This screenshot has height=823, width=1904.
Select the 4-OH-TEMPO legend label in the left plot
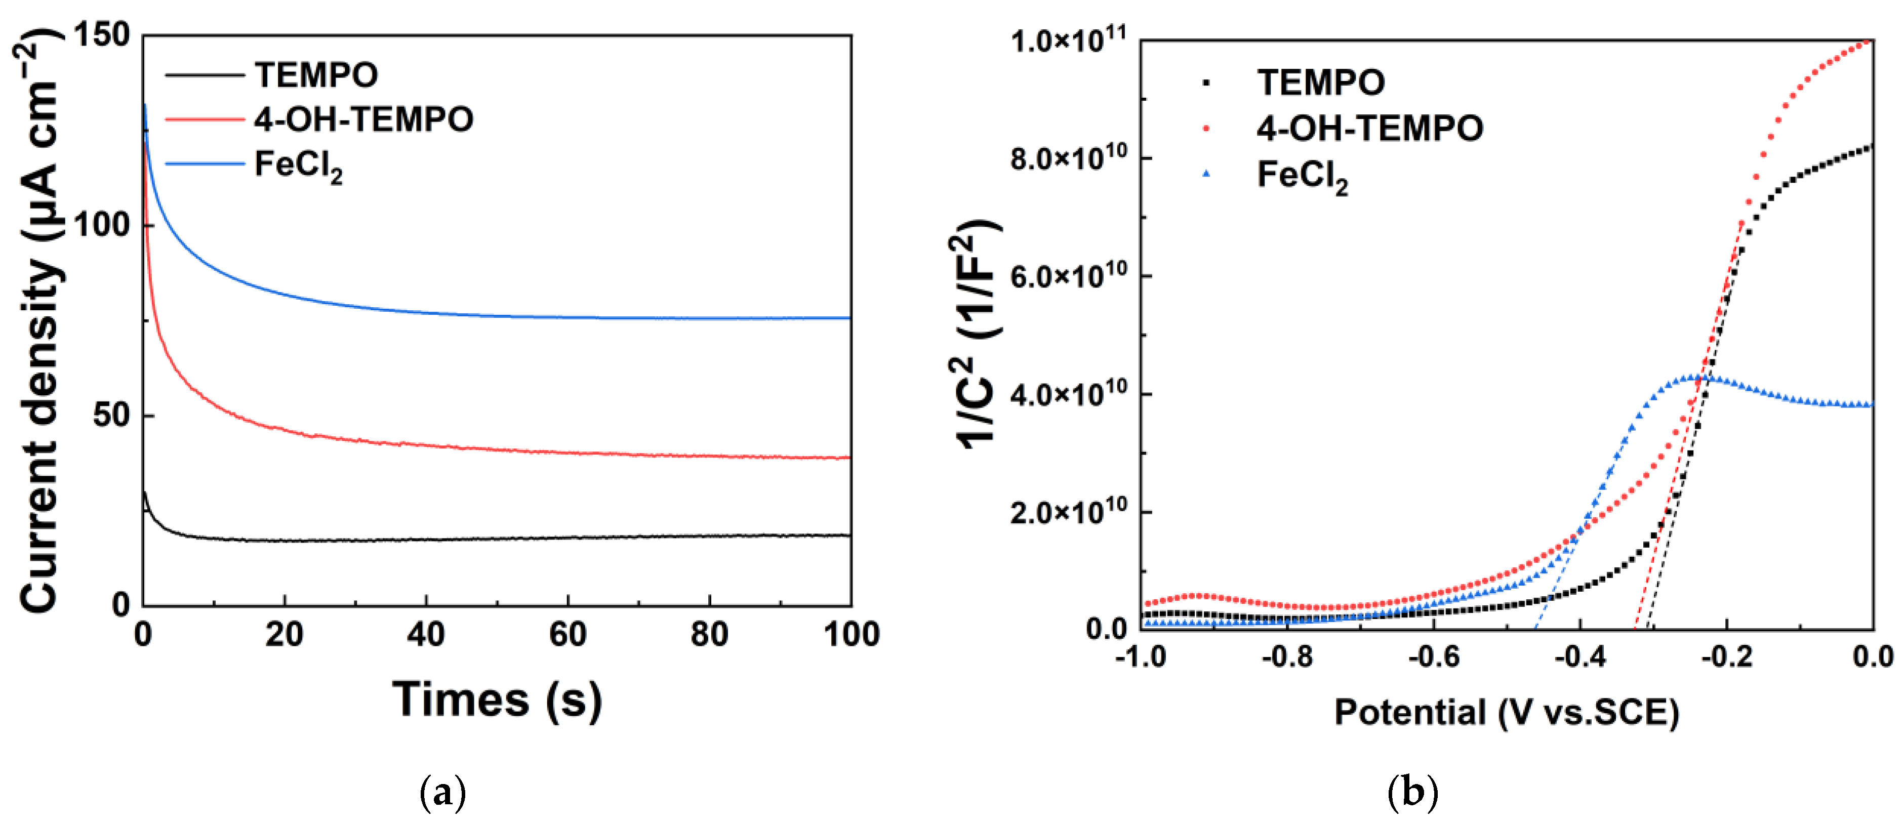pos(363,119)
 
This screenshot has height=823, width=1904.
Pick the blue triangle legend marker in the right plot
pos(1206,174)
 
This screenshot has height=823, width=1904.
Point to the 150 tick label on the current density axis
pos(102,35)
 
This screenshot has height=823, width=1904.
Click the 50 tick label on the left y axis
pos(111,415)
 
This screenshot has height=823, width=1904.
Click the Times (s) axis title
pos(497,699)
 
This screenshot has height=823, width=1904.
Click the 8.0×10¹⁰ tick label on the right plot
pos(1069,158)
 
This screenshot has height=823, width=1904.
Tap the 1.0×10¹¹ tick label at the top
pos(1069,40)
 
